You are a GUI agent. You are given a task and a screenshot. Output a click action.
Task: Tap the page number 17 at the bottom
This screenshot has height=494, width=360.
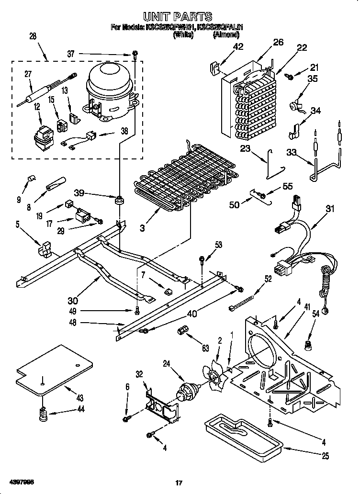[x=179, y=483]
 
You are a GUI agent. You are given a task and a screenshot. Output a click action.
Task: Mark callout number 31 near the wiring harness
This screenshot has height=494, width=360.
[x=330, y=208]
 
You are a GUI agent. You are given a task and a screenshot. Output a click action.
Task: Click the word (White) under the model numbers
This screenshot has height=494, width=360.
[x=183, y=34]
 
